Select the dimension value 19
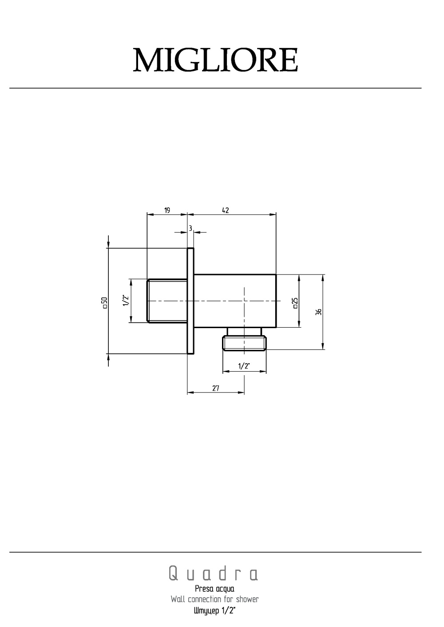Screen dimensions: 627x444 [167, 210]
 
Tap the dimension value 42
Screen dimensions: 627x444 [225, 210]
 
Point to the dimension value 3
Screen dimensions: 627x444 [190, 228]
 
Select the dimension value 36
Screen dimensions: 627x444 [318, 312]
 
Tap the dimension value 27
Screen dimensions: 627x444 [216, 388]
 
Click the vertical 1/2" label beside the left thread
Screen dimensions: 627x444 [126, 301]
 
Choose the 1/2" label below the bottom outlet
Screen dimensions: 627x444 [244, 366]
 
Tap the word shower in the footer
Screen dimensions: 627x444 [247, 600]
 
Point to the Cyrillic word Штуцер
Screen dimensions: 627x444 [206, 611]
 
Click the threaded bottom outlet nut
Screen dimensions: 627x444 [245, 343]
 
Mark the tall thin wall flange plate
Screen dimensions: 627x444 [190, 301]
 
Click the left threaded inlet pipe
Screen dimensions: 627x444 [167, 301]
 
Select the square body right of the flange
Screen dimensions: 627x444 [235, 301]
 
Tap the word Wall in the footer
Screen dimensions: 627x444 [178, 600]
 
